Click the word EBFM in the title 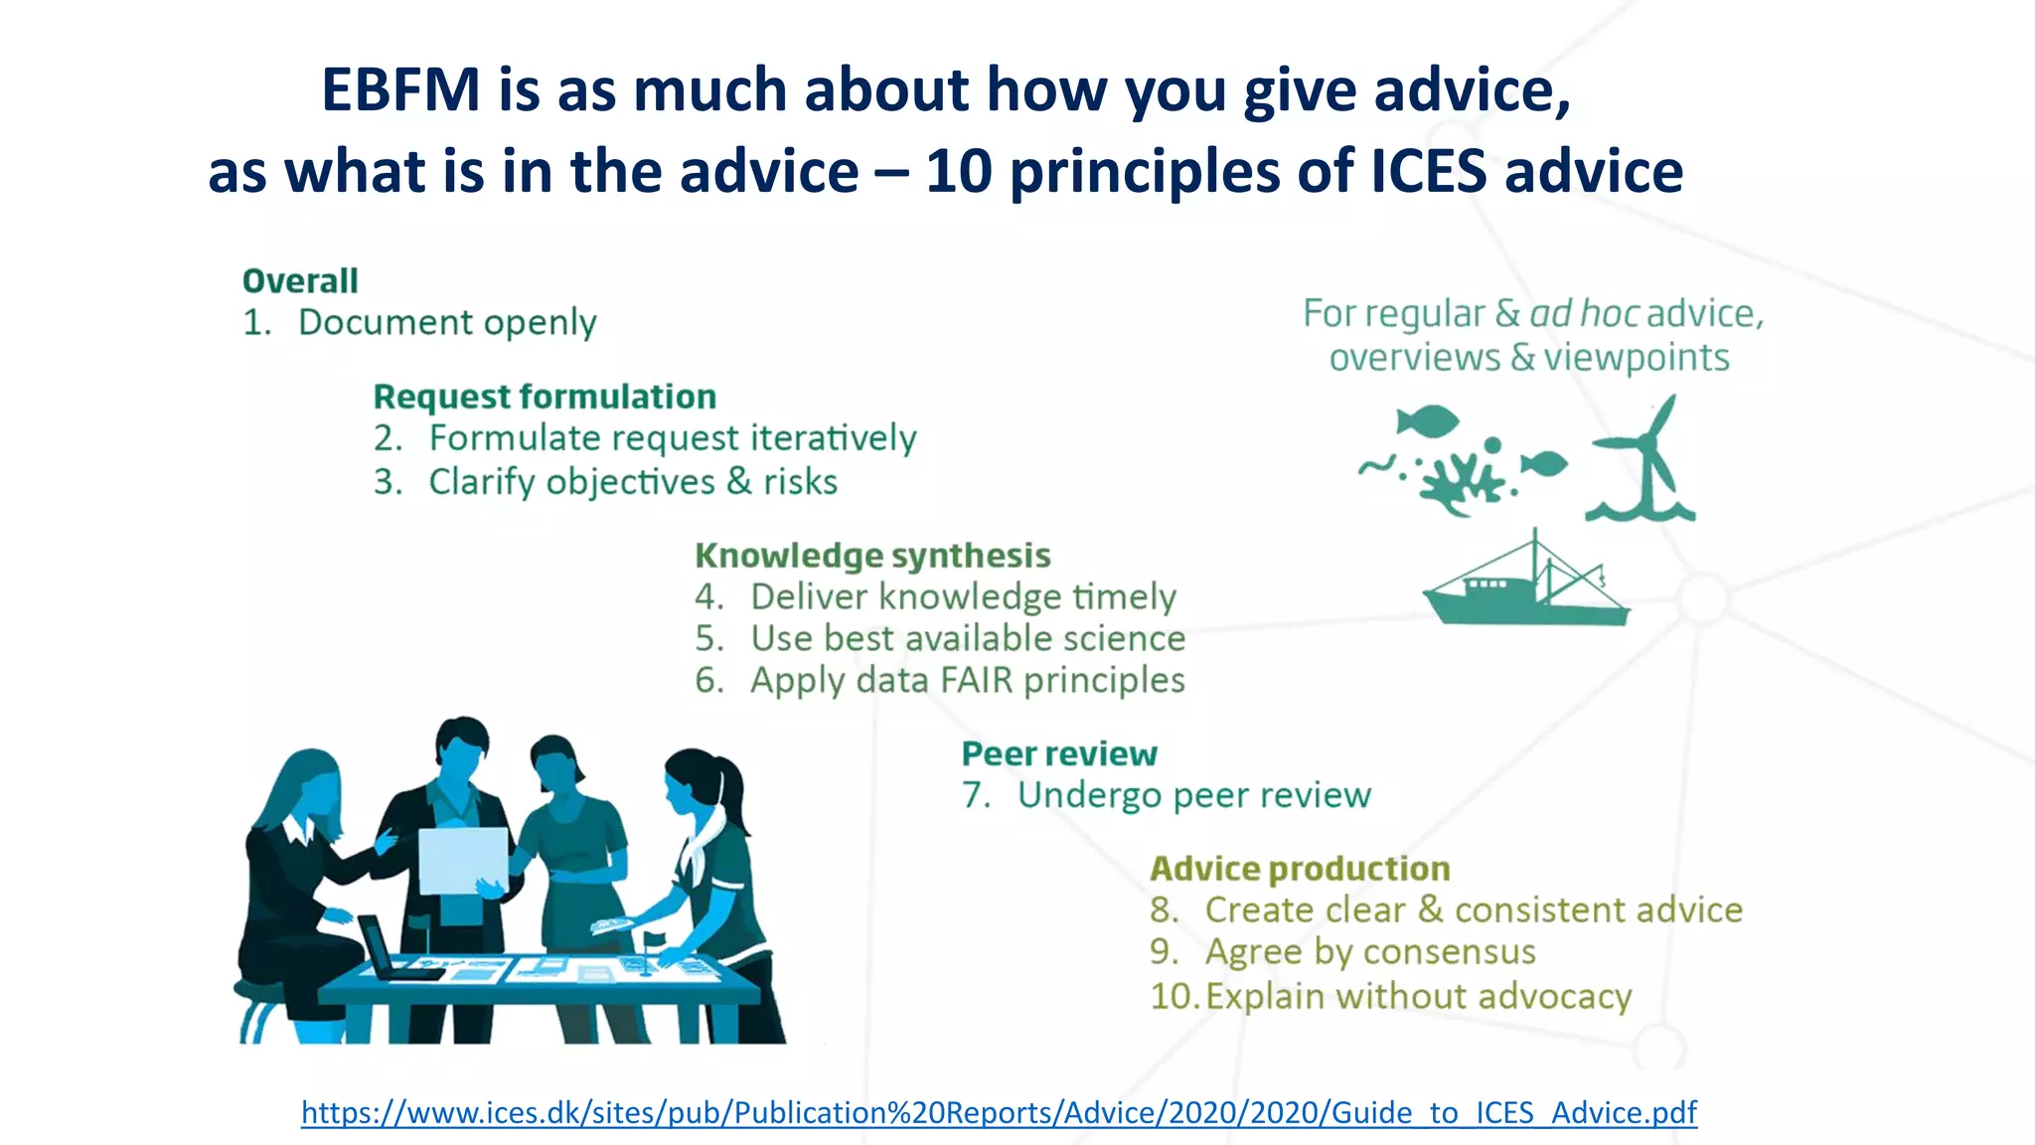(x=400, y=90)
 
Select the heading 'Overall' (x=300, y=281)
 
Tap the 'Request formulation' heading (x=545, y=397)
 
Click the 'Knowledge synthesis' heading (x=872, y=556)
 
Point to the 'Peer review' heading (x=1059, y=754)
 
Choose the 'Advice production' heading (x=1300, y=869)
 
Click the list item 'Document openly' (x=447, y=323)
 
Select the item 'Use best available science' (x=967, y=638)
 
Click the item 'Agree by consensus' (x=1369, y=952)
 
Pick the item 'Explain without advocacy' (x=1418, y=996)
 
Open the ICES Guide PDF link (x=999, y=1112)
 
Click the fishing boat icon (x=1525, y=586)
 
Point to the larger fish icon (x=1428, y=420)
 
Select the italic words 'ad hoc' (x=1584, y=314)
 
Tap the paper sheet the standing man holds (x=463, y=860)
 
